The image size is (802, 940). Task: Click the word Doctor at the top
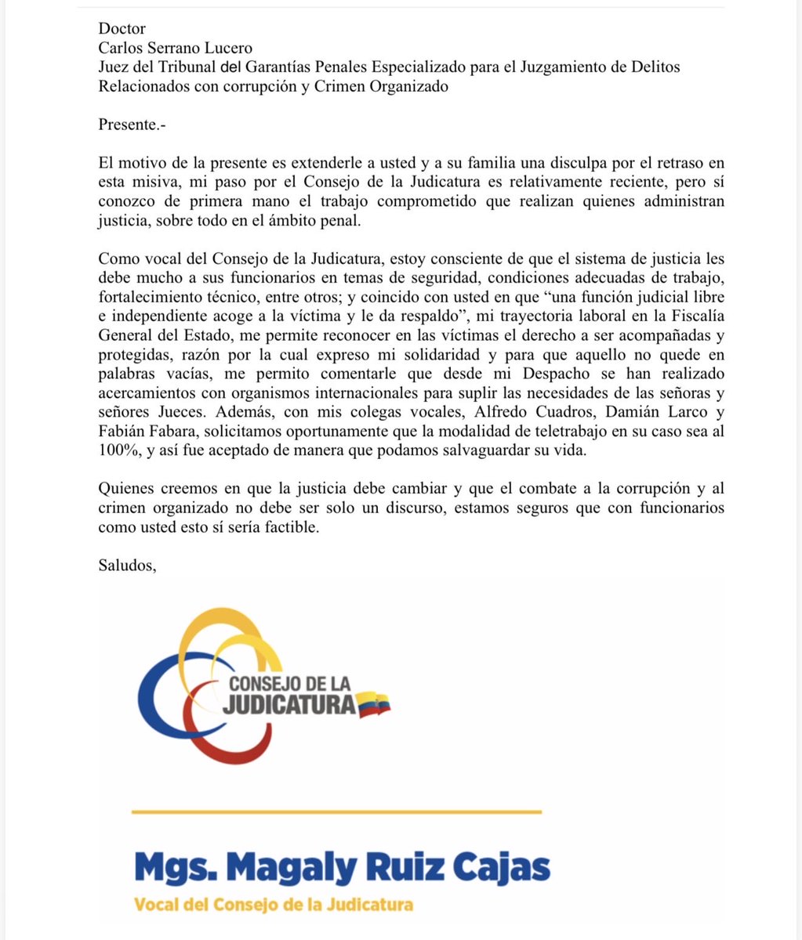tap(122, 29)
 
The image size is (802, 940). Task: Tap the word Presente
tap(132, 124)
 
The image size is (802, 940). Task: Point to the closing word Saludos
tap(128, 565)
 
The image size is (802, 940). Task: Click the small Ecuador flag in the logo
tap(374, 704)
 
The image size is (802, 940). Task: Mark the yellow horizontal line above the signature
tap(336, 812)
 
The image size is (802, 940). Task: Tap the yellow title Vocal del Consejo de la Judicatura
tap(274, 905)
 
